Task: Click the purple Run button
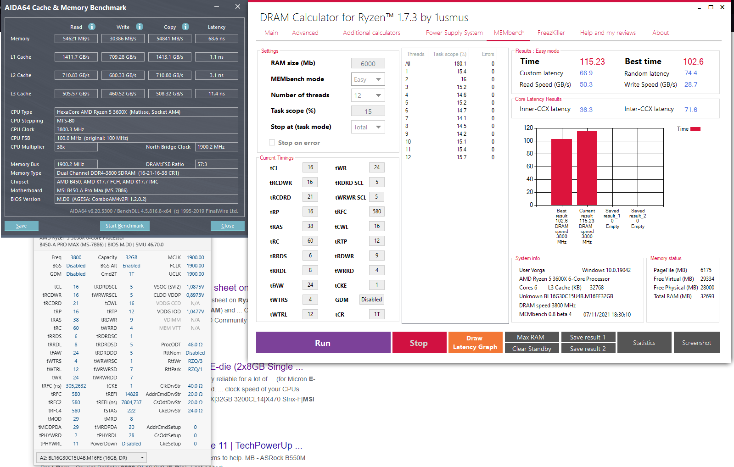point(323,343)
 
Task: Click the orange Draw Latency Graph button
point(475,343)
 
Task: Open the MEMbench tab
point(509,33)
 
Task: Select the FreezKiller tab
point(551,33)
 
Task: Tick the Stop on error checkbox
point(272,143)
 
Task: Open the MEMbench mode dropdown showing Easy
point(368,79)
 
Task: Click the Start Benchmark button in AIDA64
point(124,226)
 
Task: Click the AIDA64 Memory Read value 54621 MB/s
point(76,39)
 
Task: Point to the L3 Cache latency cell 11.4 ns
point(216,94)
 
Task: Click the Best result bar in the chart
point(561,172)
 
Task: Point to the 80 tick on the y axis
point(529,153)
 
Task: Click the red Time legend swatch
point(695,129)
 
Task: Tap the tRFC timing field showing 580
point(376,211)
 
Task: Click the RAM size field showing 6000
point(368,64)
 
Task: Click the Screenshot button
point(696,343)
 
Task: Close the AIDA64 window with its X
point(237,7)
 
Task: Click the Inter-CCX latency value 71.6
point(690,110)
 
